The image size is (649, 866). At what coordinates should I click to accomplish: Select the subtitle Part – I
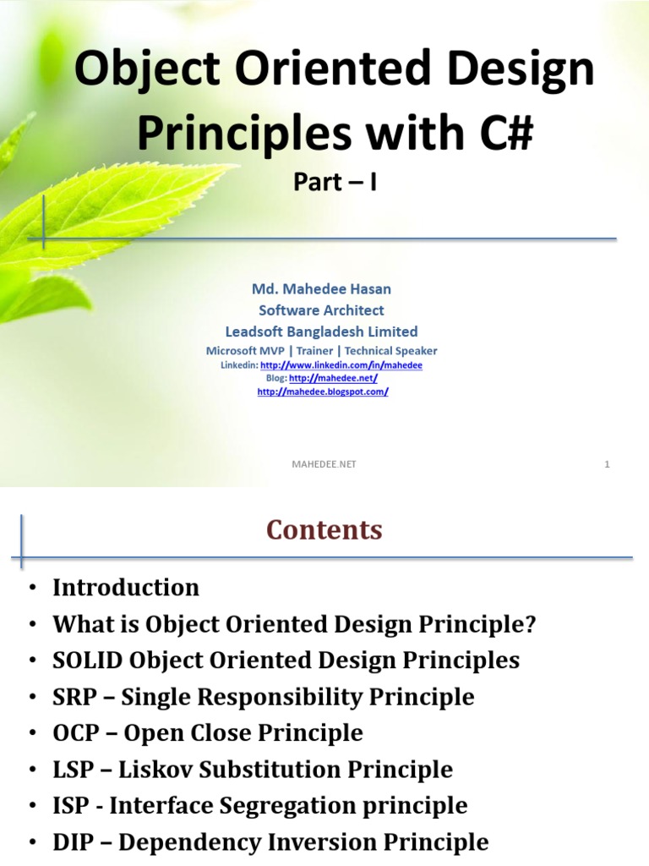(335, 182)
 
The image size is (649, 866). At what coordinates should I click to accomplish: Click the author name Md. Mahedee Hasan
(321, 289)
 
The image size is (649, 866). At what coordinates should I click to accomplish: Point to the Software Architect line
(321, 310)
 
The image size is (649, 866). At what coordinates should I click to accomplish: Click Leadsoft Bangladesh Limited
(321, 332)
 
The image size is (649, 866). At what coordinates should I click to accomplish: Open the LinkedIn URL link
(341, 365)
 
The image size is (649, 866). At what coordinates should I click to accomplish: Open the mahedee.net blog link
(333, 378)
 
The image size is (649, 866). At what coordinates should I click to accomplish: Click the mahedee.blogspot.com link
(323, 392)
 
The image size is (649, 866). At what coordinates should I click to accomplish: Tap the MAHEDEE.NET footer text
(324, 464)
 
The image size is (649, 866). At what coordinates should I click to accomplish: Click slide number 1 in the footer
(607, 464)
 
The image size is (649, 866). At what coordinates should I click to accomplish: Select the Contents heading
(324, 529)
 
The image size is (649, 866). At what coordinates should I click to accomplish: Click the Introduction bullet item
(126, 587)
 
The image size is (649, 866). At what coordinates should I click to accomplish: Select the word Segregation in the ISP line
(287, 806)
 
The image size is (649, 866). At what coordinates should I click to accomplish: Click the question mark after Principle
(530, 624)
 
